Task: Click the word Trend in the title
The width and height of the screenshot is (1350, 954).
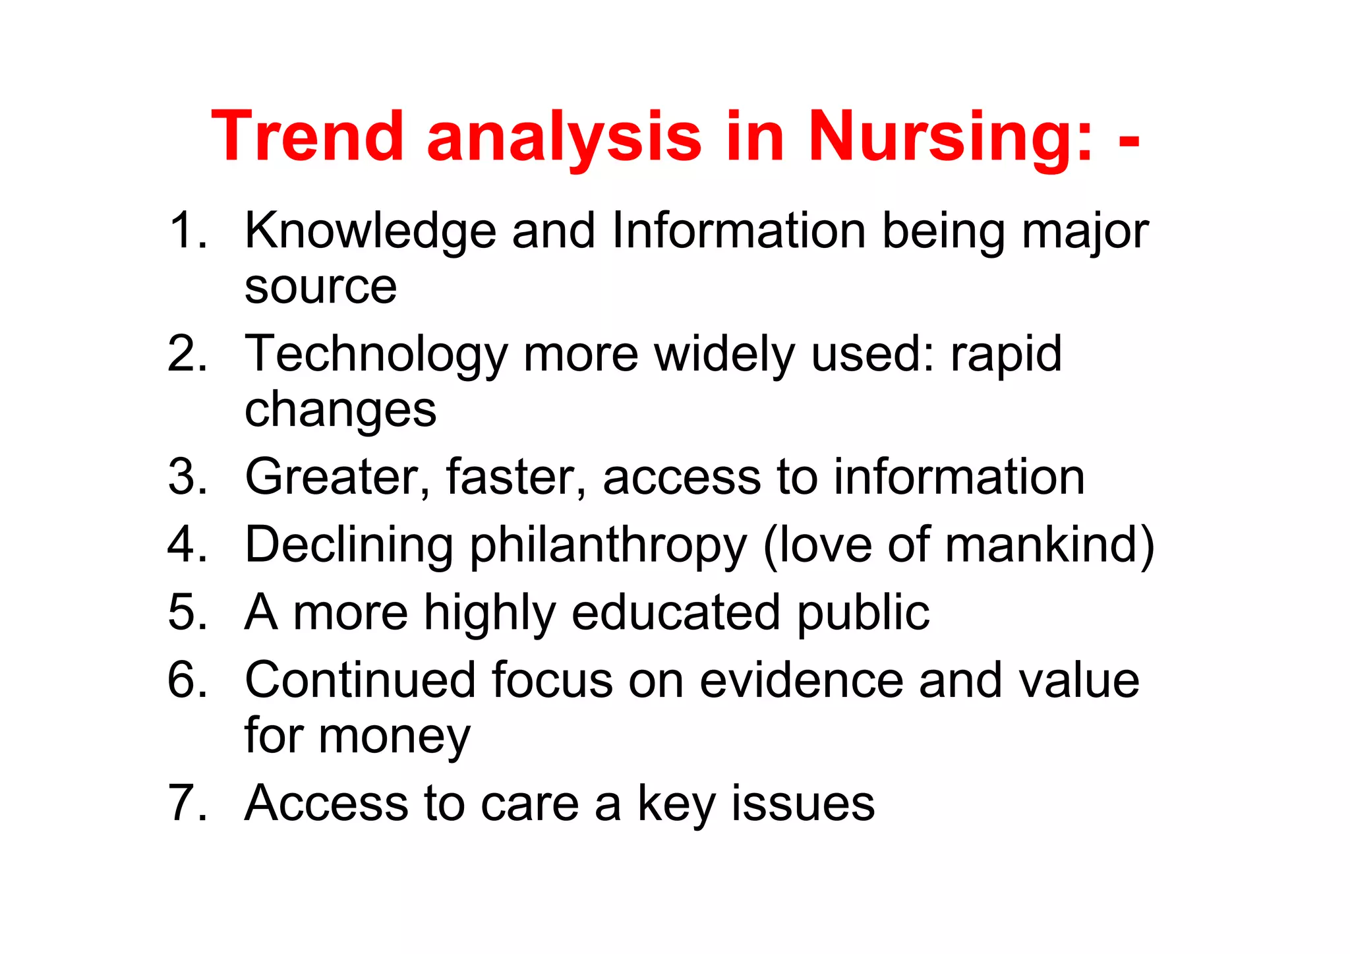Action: (x=307, y=136)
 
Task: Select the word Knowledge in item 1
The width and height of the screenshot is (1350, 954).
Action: (x=370, y=232)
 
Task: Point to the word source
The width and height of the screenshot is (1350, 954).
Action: (x=320, y=287)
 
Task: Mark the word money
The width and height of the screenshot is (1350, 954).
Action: (x=394, y=736)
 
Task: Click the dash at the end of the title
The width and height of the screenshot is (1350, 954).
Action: (x=1129, y=141)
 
